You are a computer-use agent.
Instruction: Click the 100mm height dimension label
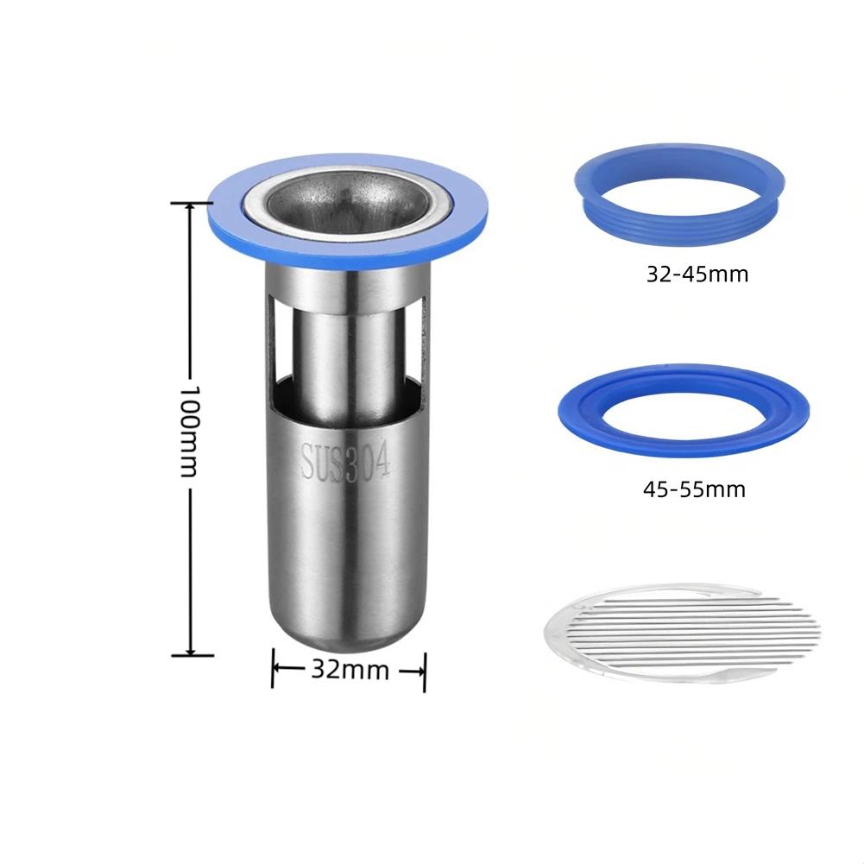(x=188, y=431)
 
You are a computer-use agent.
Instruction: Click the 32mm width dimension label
(x=350, y=670)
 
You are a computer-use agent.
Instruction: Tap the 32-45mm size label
(x=697, y=274)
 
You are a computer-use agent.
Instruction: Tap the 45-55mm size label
(x=694, y=489)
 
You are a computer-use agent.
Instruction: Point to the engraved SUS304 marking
(x=346, y=462)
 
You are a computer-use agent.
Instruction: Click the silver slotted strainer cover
(x=681, y=634)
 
